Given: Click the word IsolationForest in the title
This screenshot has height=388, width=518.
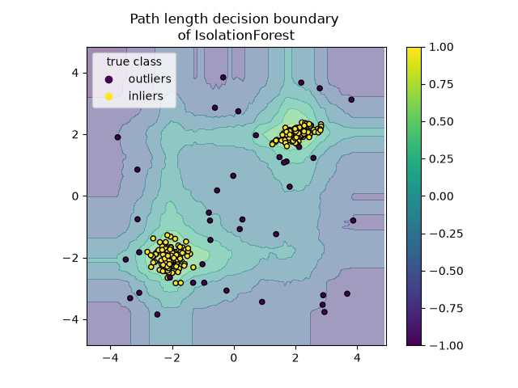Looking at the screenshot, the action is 244,35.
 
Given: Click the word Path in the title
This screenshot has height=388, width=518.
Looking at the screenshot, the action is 142,19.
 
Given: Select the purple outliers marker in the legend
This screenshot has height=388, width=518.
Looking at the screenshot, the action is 108,79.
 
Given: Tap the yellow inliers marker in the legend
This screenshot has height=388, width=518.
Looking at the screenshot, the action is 108,96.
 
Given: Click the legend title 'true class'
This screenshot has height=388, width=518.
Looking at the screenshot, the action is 134,61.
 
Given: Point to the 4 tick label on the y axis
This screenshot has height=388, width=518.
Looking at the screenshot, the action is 75,73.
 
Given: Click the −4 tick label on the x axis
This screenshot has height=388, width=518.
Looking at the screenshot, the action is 110,358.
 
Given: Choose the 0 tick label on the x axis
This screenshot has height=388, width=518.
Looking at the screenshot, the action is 234,358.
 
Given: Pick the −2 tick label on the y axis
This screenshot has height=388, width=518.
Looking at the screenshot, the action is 71,258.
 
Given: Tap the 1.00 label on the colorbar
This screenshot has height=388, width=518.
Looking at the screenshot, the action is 441,47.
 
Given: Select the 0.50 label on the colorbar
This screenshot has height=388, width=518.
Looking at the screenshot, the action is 441,122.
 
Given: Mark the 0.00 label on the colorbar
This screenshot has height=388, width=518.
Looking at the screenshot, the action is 441,196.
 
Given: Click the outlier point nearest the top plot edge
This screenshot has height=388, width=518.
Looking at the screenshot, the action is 223,78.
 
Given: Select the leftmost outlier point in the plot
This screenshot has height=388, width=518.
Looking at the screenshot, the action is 117,137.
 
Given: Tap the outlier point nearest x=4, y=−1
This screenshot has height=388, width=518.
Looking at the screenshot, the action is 353,221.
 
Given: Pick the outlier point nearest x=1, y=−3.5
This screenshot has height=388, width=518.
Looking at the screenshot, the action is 262,302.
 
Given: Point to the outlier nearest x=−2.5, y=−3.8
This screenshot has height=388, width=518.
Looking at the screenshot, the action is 157,314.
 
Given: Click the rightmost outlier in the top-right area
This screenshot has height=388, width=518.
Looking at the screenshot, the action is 351,99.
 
